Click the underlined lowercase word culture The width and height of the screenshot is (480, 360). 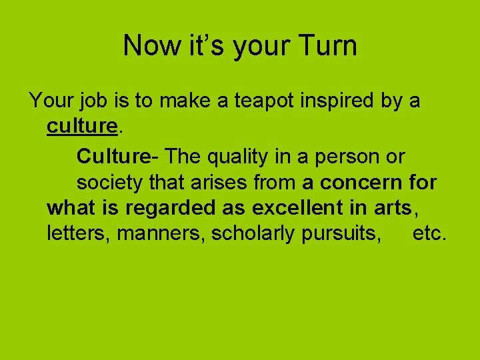pos(82,127)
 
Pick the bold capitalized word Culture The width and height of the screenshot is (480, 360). pos(113,157)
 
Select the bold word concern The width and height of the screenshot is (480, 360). pos(361,182)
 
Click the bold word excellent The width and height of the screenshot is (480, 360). pos(299,208)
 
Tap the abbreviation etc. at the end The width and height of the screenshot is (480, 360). pos(430,234)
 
